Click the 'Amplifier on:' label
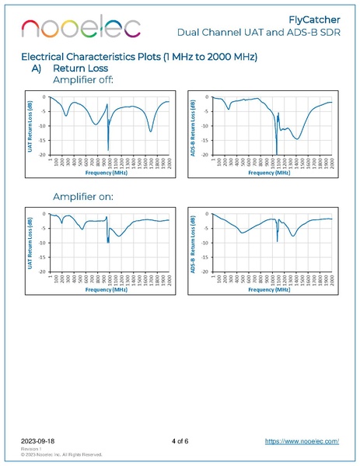click(83, 197)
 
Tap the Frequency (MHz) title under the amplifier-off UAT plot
click(107, 172)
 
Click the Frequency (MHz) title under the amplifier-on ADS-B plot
click(270, 289)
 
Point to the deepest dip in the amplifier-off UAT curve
click(108, 149)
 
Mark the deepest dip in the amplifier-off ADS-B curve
click(276, 153)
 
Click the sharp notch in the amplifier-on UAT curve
click(108, 240)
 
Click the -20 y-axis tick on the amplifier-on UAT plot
click(44, 272)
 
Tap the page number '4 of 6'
click(180, 441)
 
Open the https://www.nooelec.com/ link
click(302, 441)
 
